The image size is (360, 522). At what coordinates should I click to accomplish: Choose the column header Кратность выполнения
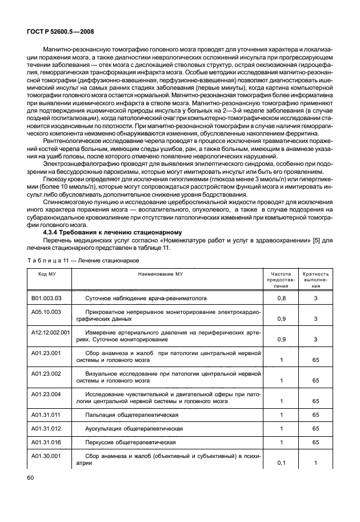click(315, 280)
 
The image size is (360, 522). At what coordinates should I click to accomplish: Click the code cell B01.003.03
click(46, 298)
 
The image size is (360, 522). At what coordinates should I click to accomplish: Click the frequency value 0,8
click(281, 298)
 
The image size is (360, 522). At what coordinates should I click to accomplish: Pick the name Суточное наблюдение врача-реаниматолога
click(146, 298)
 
